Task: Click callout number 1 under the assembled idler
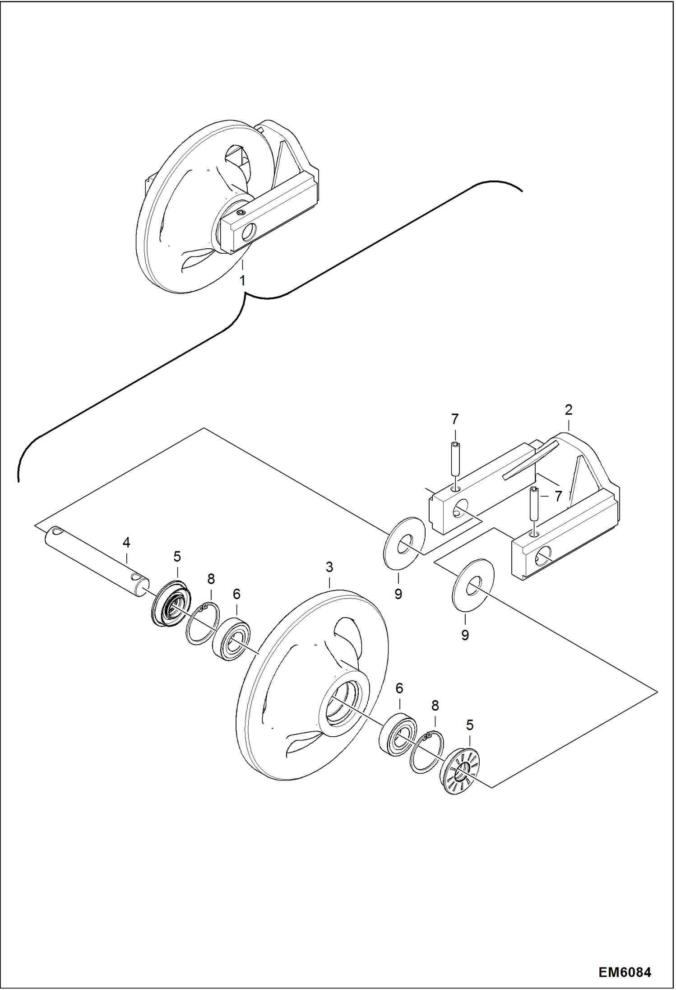[x=242, y=281]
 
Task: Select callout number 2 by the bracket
[x=568, y=410]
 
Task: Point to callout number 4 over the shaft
[x=126, y=543]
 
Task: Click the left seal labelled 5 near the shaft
[x=169, y=604]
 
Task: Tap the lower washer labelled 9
[x=473, y=586]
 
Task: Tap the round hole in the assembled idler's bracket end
[x=248, y=233]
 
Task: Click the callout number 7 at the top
[x=455, y=419]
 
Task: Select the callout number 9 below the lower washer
[x=465, y=635]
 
